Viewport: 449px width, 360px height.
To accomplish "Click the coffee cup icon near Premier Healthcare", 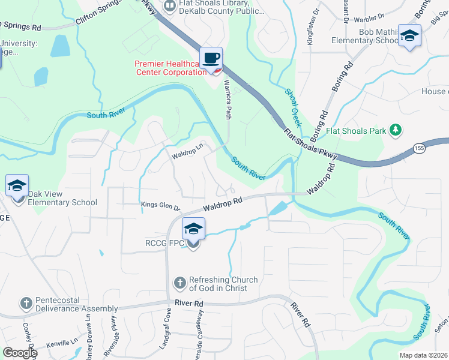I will pyautogui.click(x=211, y=59).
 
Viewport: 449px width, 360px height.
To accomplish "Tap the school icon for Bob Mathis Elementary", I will pyautogui.click(x=409, y=36).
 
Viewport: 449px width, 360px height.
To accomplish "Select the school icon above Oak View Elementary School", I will pyautogui.click(x=17, y=185).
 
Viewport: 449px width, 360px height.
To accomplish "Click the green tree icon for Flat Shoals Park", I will pyautogui.click(x=395, y=130).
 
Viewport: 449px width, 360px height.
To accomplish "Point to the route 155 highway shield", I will pyautogui.click(x=420, y=148).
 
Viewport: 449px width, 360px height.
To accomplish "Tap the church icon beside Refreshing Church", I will pyautogui.click(x=179, y=283).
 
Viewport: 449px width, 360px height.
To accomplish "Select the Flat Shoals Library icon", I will pyautogui.click(x=170, y=5).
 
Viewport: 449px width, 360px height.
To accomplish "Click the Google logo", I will pyautogui.click(x=19, y=353).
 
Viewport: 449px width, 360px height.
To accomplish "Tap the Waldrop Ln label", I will pyautogui.click(x=188, y=150).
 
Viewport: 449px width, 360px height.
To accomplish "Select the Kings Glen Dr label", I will pyautogui.click(x=160, y=206).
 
